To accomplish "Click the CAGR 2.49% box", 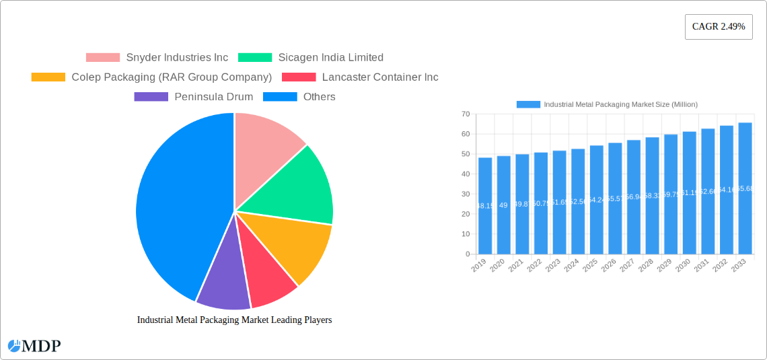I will [719, 27].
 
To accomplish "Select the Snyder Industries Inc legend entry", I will [157, 57].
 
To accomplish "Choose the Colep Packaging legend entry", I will [152, 77].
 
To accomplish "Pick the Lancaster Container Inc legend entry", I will [361, 77].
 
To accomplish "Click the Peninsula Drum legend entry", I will [194, 96].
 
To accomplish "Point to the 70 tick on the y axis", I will [465, 114].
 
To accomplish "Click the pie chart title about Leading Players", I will [234, 320].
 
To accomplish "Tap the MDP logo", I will [34, 346].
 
